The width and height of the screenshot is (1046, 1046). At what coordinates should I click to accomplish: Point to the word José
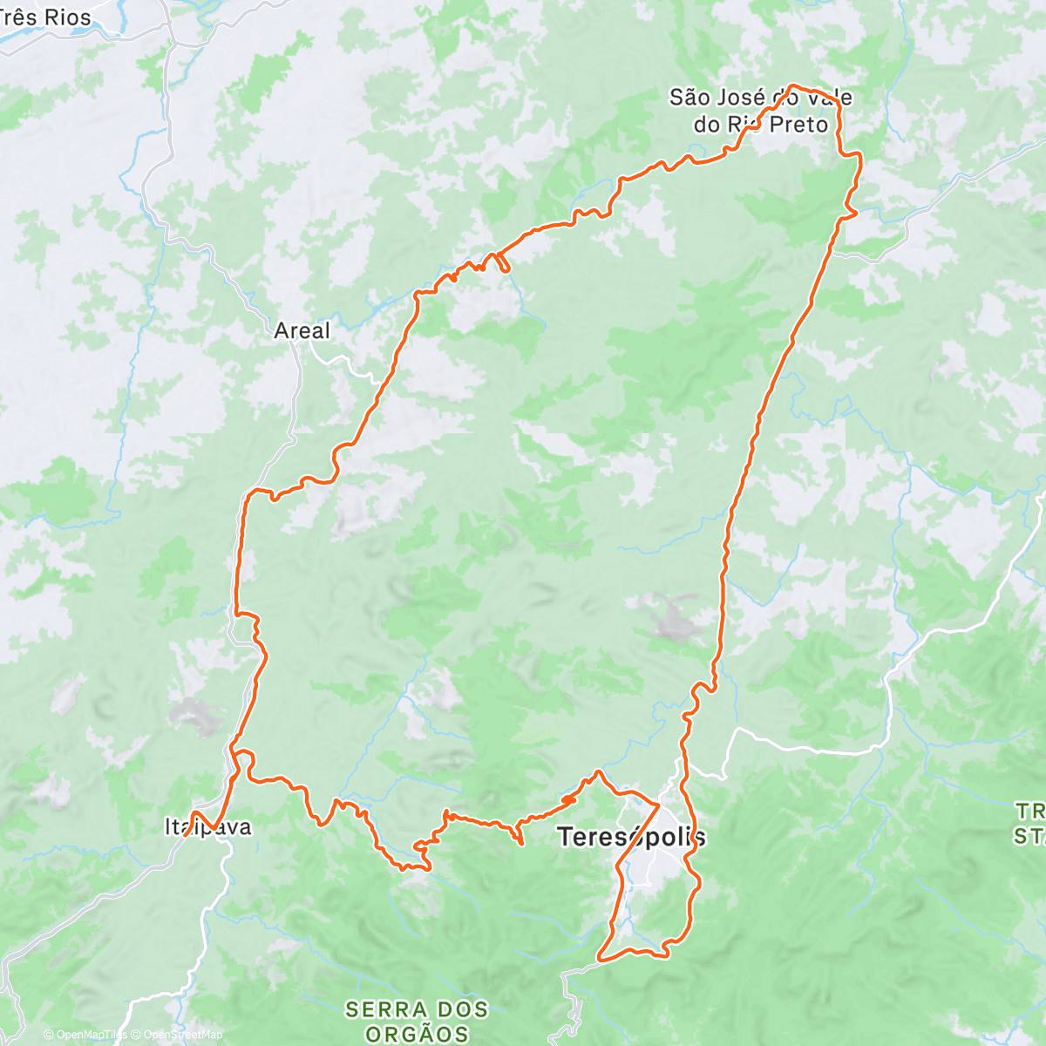click(741, 98)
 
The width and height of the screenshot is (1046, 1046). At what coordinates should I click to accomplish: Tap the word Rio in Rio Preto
click(744, 125)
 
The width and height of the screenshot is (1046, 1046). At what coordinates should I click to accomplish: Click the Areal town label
click(302, 331)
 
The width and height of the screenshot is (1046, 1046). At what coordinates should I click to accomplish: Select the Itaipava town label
click(208, 826)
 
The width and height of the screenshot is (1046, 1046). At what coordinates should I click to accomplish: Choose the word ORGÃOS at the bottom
click(417, 1035)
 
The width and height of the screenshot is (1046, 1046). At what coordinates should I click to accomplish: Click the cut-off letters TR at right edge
click(1029, 812)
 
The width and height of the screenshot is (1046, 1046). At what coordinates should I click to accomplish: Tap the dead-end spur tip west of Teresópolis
click(521, 843)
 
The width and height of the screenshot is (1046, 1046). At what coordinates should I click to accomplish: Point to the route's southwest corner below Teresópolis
click(600, 958)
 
